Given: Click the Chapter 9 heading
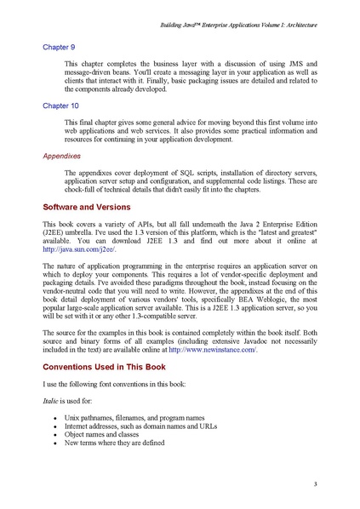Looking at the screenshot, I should click(57, 47).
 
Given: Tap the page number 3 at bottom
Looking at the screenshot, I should click(315, 484).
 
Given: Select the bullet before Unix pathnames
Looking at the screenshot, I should click(54, 419).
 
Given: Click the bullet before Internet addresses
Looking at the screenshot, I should click(54, 426).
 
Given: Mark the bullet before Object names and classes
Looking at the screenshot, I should click(54, 435).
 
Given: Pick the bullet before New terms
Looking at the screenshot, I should click(54, 443).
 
